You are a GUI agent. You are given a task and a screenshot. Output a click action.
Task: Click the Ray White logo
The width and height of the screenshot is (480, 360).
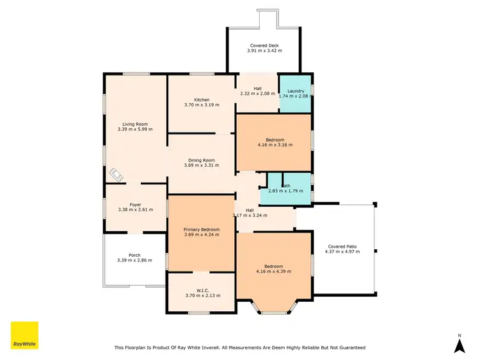click(x=24, y=335)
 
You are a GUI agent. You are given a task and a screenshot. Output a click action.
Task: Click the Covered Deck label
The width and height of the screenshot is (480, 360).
click(x=264, y=45)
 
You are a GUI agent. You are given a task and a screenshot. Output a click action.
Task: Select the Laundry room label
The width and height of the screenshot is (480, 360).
click(x=296, y=91)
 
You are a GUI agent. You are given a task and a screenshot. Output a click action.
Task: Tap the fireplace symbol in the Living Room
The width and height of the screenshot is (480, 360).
click(x=115, y=174)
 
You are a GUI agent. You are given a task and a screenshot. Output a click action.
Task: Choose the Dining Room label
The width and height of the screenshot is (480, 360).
click(x=201, y=160)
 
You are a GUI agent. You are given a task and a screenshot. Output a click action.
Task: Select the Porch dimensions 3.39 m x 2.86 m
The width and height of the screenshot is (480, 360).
click(x=134, y=261)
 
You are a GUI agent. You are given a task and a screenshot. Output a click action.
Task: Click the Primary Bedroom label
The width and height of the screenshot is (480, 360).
click(x=202, y=229)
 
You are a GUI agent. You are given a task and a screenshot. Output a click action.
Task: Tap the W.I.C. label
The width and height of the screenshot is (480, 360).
click(x=202, y=290)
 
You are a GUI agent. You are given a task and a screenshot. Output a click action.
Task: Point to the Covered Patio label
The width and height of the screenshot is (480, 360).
click(x=342, y=246)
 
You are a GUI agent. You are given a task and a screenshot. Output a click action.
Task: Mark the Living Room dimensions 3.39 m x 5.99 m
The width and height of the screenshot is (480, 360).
click(x=135, y=129)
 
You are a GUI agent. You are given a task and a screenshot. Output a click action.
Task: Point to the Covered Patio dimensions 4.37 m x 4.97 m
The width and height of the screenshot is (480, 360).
click(x=342, y=252)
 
